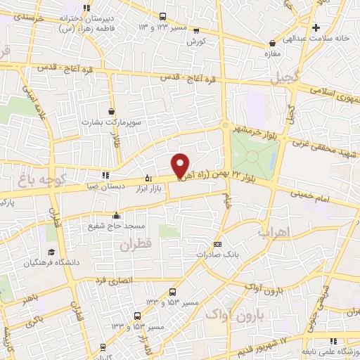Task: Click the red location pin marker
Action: pos(180,166)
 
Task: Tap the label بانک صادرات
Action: pos(237,256)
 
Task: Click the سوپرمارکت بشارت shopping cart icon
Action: pos(112,111)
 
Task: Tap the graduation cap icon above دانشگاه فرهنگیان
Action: pos(51,252)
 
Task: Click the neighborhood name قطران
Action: pos(136,245)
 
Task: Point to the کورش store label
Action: pos(195,41)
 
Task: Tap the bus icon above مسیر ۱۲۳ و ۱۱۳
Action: pos(163,17)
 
